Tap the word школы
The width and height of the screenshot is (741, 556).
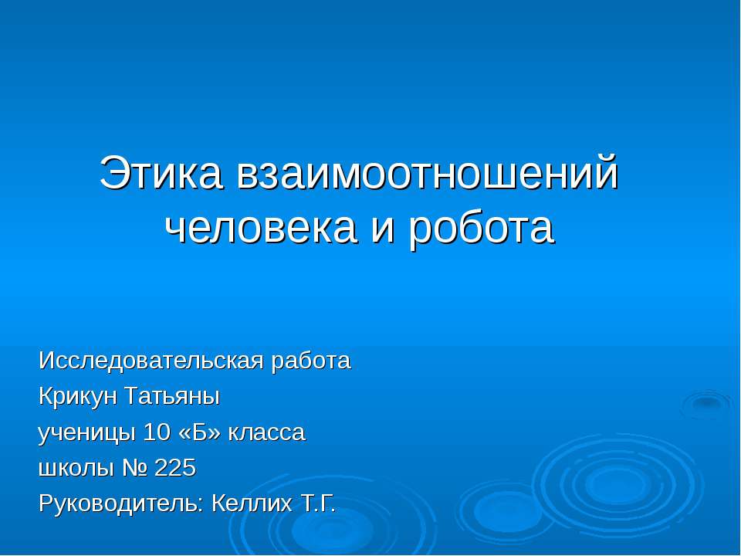pos(72,469)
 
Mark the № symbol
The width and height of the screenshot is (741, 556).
pos(131,469)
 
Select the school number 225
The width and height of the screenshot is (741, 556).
pos(176,469)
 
